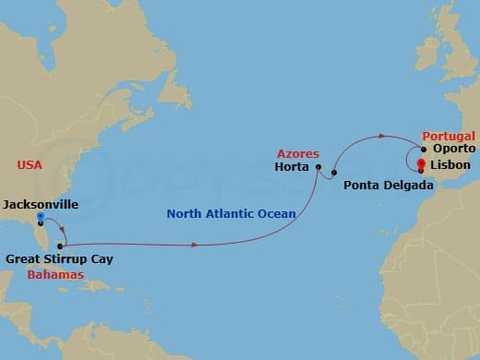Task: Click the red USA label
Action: (x=30, y=164)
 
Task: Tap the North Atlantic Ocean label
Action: (x=232, y=214)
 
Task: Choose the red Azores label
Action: (x=297, y=152)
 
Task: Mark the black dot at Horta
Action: (x=318, y=167)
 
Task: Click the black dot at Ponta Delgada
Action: (x=334, y=173)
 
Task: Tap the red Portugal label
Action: (x=448, y=134)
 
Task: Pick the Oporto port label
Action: (x=451, y=149)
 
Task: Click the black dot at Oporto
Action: (x=424, y=149)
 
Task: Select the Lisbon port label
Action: (x=449, y=166)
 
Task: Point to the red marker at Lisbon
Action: (x=421, y=166)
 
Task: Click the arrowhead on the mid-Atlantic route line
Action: (x=195, y=245)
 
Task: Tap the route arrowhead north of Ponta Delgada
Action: (x=379, y=137)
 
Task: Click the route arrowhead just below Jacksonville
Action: (x=60, y=230)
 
